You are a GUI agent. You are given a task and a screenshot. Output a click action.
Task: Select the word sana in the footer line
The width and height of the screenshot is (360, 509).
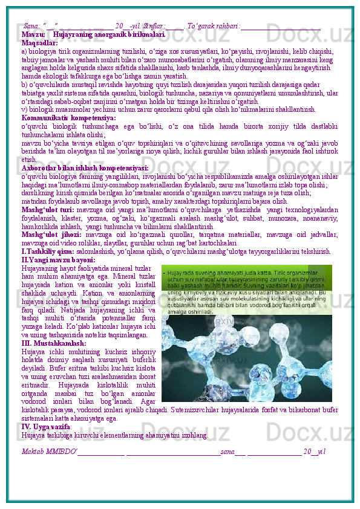point(227,452)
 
